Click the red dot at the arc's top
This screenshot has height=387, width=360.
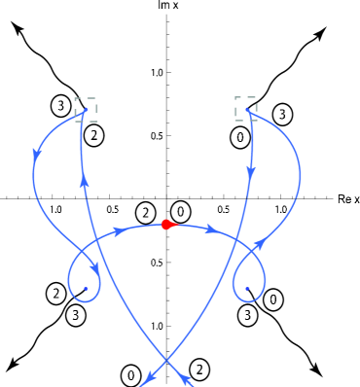pyautogui.click(x=166, y=225)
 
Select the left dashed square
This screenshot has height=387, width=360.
pyautogui.click(x=86, y=109)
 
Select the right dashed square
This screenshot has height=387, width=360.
pyautogui.click(x=245, y=108)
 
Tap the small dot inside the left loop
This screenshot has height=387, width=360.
pyautogui.click(x=86, y=289)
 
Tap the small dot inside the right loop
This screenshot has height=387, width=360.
pyautogui.click(x=247, y=289)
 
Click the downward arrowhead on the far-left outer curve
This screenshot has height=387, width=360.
pyautogui.click(x=37, y=155)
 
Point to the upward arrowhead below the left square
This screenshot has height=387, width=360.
pyautogui.click(x=85, y=180)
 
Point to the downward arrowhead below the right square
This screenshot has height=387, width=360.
pyautogui.click(x=251, y=171)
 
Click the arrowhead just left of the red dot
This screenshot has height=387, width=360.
pyautogui.click(x=119, y=231)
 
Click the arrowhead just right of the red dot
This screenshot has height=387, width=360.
pyautogui.click(x=211, y=229)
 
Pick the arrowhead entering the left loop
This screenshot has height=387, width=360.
pyautogui.click(x=95, y=267)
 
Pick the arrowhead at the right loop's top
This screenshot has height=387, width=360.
pyautogui.click(x=260, y=244)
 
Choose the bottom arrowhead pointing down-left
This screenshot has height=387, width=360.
pyautogui.click(x=149, y=378)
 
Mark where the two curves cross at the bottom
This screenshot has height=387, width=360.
pyautogui.click(x=166, y=361)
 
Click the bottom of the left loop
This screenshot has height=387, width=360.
pyautogui.click(x=86, y=301)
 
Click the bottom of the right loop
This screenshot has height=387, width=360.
pyautogui.click(x=248, y=301)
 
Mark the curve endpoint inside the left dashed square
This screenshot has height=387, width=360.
pyautogui.click(x=86, y=110)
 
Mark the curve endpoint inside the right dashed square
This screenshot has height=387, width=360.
pyautogui.click(x=246, y=109)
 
